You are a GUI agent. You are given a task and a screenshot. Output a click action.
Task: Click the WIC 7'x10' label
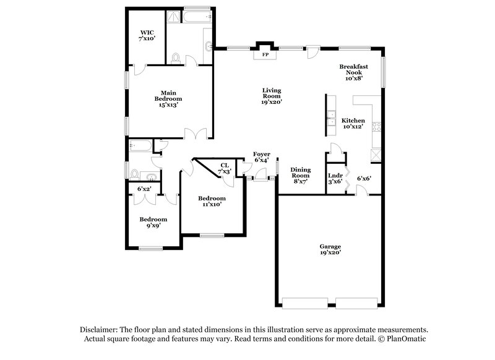tap(147, 35)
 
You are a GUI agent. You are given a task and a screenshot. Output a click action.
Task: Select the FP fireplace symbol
tap(266, 54)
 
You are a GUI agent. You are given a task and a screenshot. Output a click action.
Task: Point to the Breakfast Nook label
tap(353, 72)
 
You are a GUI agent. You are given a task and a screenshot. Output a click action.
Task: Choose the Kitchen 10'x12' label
tap(353, 124)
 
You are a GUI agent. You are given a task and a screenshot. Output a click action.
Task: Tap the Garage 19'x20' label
tap(330, 249)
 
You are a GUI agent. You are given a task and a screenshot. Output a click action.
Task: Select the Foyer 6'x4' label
tap(261, 157)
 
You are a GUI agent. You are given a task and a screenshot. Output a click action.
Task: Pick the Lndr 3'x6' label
tap(335, 179)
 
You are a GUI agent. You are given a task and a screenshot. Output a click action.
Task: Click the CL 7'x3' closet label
tap(225, 168)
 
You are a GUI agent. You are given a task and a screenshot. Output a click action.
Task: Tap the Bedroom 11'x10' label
tap(212, 202)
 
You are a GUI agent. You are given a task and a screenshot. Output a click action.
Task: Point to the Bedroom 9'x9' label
tap(153, 223)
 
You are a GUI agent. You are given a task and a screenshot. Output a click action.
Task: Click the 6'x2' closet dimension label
tap(145, 188)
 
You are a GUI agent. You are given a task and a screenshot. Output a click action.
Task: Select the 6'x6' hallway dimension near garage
tap(364, 179)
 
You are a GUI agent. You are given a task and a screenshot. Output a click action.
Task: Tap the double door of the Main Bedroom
tap(197, 133)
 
